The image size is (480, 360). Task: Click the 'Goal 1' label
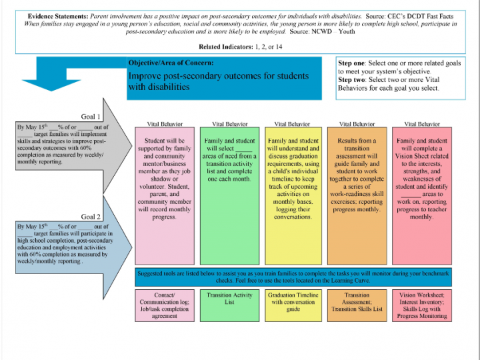91,117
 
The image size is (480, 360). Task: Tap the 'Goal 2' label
91,217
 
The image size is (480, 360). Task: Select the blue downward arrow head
51,85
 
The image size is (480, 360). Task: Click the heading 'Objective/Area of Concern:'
171,63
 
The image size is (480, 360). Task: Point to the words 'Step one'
351,63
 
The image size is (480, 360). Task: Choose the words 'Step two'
351,80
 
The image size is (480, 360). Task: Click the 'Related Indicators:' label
226,47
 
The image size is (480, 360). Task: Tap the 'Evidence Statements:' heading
58,16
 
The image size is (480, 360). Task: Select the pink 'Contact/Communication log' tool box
165,305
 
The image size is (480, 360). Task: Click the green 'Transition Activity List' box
229,305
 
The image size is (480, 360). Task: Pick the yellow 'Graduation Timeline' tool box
293,305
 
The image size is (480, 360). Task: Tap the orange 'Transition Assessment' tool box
357,305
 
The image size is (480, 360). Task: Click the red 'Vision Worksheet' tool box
422,305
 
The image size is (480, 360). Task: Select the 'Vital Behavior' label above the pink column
165,124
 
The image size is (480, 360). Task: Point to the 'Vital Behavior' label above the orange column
357,124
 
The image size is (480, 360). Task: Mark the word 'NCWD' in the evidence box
321,31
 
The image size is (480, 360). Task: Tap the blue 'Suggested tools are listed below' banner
293,277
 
